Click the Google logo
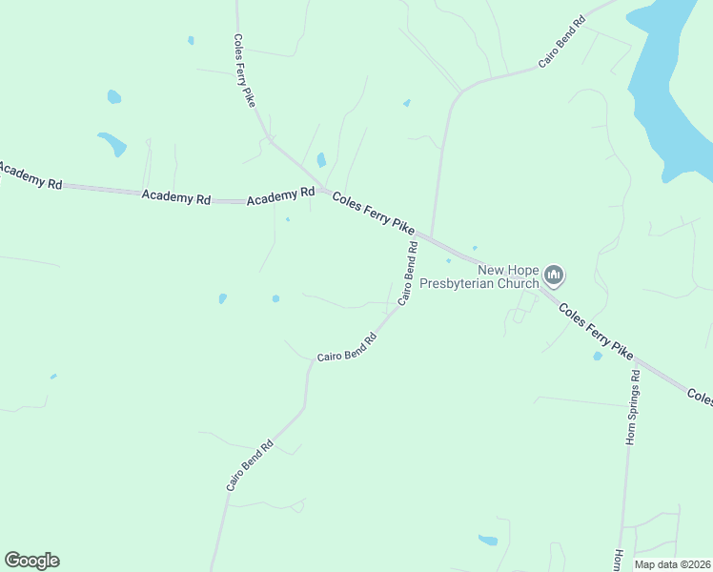[31, 561]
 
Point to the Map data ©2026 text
[672, 564]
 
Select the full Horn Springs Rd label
[631, 407]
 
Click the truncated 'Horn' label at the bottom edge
[618, 561]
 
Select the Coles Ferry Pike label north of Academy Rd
[244, 71]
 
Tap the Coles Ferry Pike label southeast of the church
[596, 331]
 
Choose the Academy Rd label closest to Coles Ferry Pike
[280, 196]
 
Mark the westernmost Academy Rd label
[29, 175]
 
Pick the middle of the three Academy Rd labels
[175, 197]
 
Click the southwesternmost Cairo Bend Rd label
[250, 465]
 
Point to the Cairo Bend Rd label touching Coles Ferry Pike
[408, 273]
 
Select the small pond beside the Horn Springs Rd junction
[598, 356]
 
